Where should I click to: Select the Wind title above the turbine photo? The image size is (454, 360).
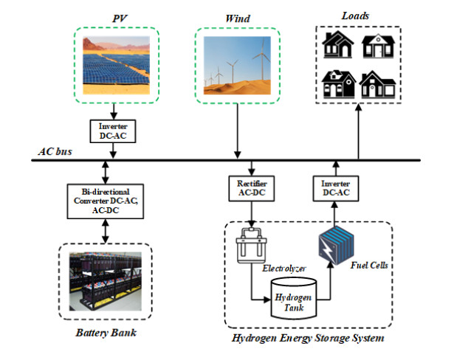tap(235, 16)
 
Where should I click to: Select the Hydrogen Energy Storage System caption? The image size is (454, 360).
tap(305, 340)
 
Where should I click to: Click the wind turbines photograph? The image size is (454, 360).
tap(236, 65)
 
